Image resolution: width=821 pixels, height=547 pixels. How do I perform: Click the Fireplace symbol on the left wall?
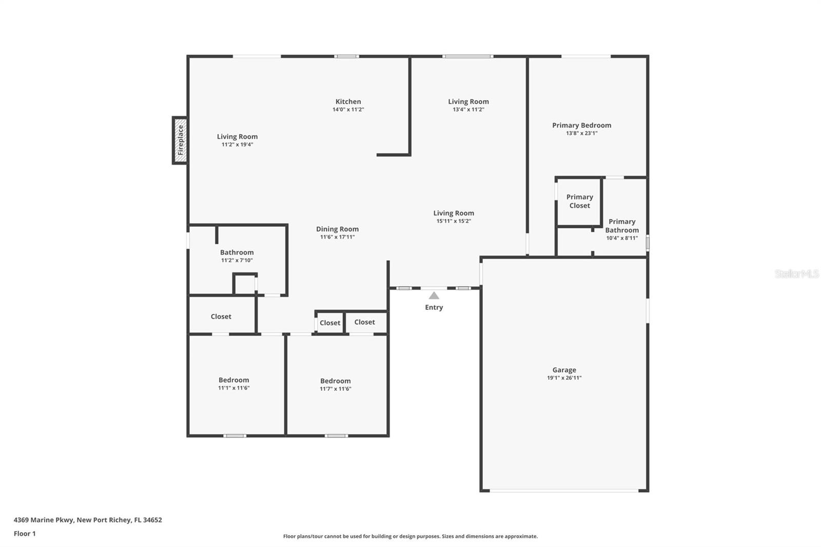[180, 140]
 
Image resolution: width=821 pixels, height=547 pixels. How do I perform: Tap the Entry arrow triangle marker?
[434, 296]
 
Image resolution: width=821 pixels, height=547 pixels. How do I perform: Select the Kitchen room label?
[348, 102]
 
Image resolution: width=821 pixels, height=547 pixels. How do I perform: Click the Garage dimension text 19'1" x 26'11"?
[564, 378]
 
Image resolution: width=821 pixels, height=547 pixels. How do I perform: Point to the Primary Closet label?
[579, 201]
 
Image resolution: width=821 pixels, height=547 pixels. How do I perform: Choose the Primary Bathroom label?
[621, 226]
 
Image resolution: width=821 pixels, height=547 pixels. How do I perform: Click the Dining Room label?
[337, 229]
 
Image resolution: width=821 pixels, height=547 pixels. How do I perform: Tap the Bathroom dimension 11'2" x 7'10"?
[237, 260]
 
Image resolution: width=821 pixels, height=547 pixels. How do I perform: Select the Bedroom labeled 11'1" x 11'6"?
[233, 380]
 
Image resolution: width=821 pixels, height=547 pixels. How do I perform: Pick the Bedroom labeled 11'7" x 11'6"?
[335, 381]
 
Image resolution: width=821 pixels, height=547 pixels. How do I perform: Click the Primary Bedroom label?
[581, 125]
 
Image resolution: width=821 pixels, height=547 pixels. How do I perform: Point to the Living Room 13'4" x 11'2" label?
[468, 102]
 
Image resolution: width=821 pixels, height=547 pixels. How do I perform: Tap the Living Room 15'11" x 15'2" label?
[454, 213]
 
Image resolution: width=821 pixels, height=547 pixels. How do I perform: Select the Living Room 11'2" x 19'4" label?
[237, 136]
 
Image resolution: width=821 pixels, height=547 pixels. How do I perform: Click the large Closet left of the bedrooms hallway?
[221, 317]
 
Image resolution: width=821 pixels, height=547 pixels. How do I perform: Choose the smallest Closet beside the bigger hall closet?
[329, 323]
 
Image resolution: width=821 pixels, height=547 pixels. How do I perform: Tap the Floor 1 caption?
[25, 534]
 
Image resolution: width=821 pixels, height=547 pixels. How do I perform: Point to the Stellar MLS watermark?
[796, 274]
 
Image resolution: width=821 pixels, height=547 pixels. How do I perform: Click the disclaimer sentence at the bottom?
[410, 536]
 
